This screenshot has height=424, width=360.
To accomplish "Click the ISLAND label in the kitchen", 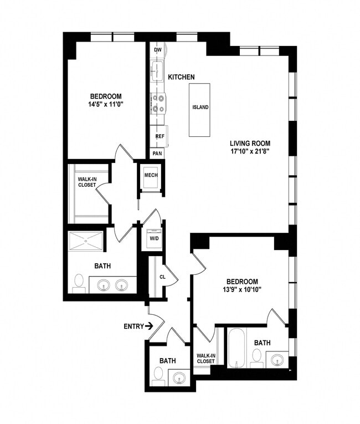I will pyautogui.click(x=200, y=108).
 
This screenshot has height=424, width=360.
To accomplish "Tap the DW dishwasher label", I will pyautogui.click(x=158, y=50).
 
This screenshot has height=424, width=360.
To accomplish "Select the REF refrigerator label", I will pyautogui.click(x=160, y=136).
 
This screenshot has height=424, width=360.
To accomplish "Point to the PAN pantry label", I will pyautogui.click(x=157, y=153).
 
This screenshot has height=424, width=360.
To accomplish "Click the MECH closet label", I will pyautogui.click(x=151, y=176).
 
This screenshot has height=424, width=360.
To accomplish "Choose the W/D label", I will pyautogui.click(x=153, y=238).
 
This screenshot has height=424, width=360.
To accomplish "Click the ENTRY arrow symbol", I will pyautogui.click(x=150, y=326).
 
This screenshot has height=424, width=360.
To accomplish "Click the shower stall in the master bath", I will pyautogui.click(x=85, y=241).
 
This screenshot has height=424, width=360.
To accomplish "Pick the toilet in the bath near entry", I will pyautogui.click(x=158, y=376).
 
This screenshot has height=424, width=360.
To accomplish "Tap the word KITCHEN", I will pyautogui.click(x=182, y=76).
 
